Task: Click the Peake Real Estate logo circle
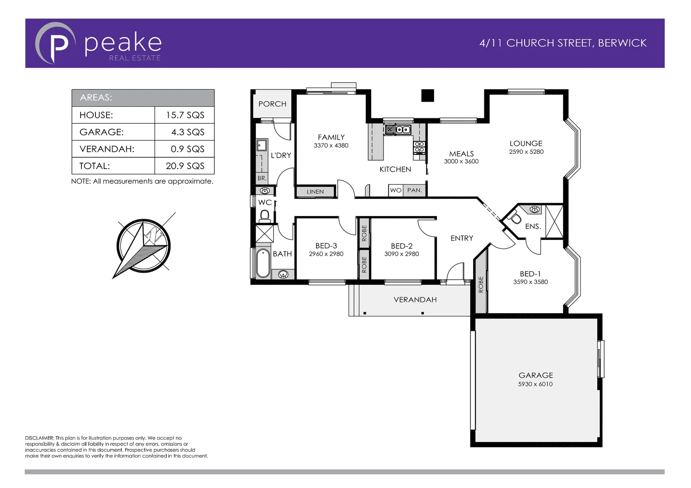[x=55, y=43]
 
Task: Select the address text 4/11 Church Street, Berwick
[x=563, y=43]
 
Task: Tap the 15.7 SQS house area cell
[x=185, y=115]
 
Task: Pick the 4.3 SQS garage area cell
[x=187, y=132]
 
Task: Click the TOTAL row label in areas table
[x=95, y=166]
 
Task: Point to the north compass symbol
[x=144, y=245]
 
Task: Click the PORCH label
[x=272, y=104]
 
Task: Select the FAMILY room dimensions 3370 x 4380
[x=331, y=145]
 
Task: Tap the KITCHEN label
[x=395, y=169]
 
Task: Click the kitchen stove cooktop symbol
[x=419, y=147]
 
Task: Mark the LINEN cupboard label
[x=315, y=192]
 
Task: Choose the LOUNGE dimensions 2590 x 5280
[x=526, y=152]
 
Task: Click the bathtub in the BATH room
[x=263, y=264]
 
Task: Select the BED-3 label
[x=326, y=246]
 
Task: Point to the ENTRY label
[x=462, y=238]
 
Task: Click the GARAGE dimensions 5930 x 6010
[x=535, y=384]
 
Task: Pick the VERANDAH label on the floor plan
[x=415, y=300]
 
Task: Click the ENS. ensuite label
[x=533, y=226]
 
